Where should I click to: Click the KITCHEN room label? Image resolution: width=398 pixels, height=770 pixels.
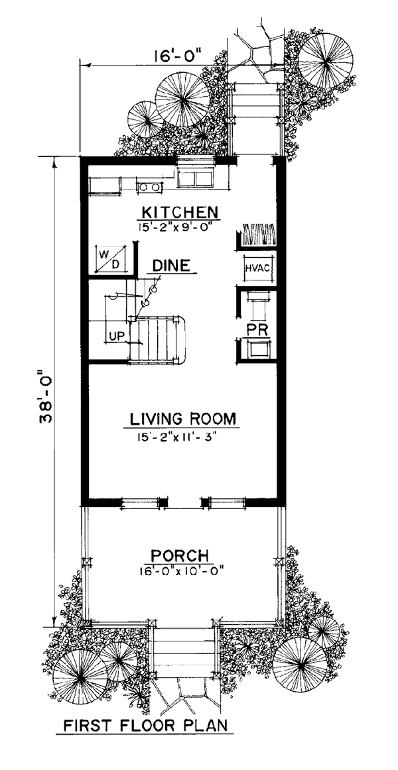pyautogui.click(x=179, y=212)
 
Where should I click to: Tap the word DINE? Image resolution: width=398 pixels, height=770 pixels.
pyautogui.click(x=171, y=266)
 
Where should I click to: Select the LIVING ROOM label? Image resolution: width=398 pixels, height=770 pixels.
pyautogui.click(x=183, y=419)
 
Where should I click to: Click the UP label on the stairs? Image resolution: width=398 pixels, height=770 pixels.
pyautogui.click(x=117, y=336)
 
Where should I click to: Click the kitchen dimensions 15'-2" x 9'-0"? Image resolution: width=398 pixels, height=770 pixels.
pyautogui.click(x=178, y=227)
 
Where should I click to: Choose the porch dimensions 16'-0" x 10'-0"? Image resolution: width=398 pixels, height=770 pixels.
pyautogui.click(x=182, y=571)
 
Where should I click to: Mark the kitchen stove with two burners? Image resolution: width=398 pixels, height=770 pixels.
pyautogui.click(x=149, y=186)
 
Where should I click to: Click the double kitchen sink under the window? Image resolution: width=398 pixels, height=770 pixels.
pyautogui.click(x=196, y=178)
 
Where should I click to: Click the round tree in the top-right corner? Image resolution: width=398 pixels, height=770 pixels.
pyautogui.click(x=326, y=60)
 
